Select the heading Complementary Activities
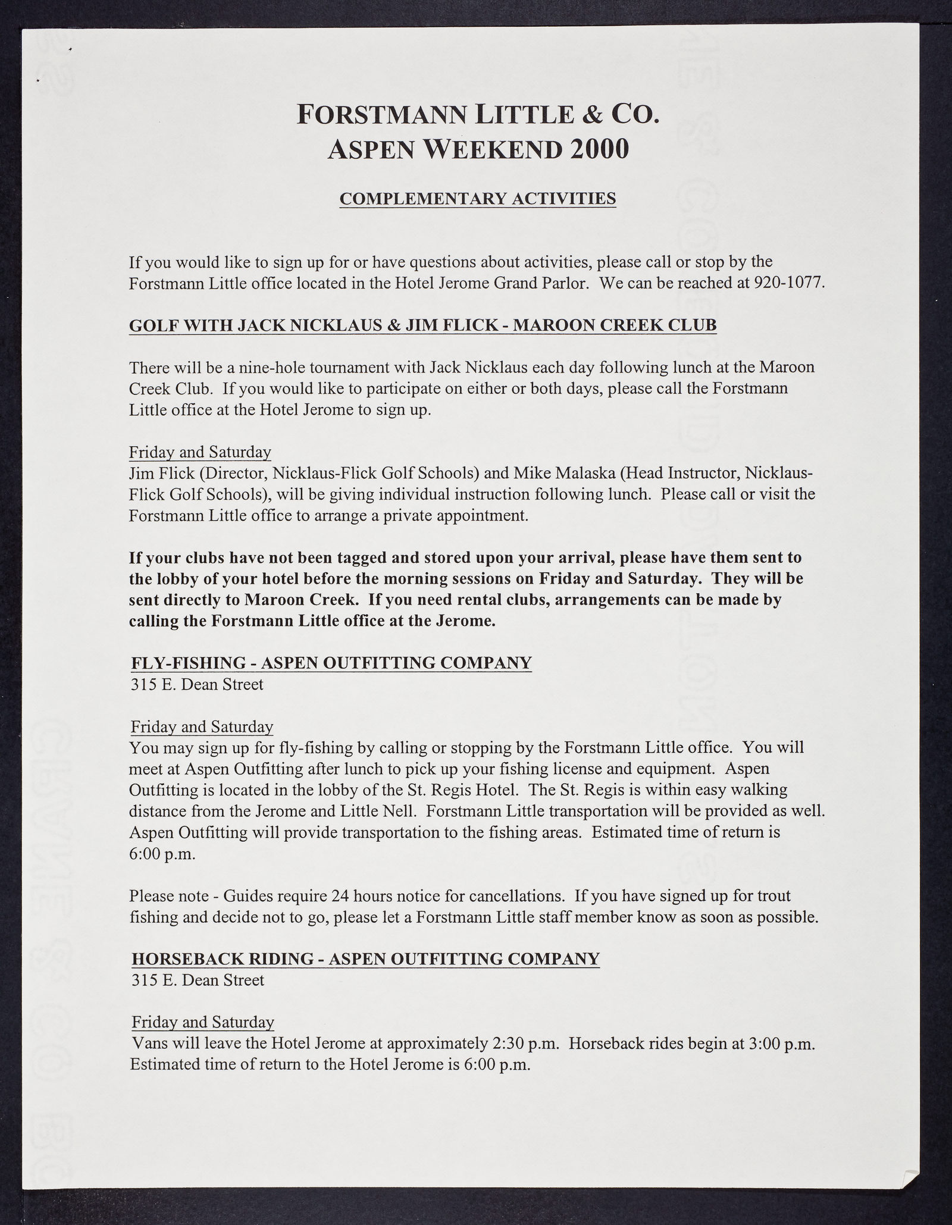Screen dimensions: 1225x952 477,198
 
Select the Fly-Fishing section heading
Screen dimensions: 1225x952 331,662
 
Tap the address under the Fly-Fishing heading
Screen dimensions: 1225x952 197,684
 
